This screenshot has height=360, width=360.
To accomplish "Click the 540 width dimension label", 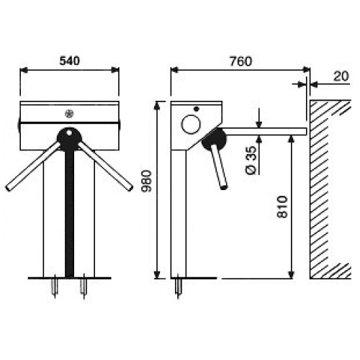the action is coord(69,61).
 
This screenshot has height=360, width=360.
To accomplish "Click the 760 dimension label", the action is coord(240,61).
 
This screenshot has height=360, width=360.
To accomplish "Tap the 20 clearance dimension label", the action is coord(341,76).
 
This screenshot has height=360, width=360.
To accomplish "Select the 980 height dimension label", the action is coord(147,181).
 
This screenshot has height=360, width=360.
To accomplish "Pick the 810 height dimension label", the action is coord(282,207).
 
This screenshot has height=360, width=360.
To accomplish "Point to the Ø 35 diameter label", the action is coord(251,160).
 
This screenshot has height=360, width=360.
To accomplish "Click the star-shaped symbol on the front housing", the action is coord(69,114).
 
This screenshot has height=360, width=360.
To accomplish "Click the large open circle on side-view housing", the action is coord(191,125).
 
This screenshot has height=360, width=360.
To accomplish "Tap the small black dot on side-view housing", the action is coord(197,109).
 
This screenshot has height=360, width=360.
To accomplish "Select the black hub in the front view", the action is coord(69,139).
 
